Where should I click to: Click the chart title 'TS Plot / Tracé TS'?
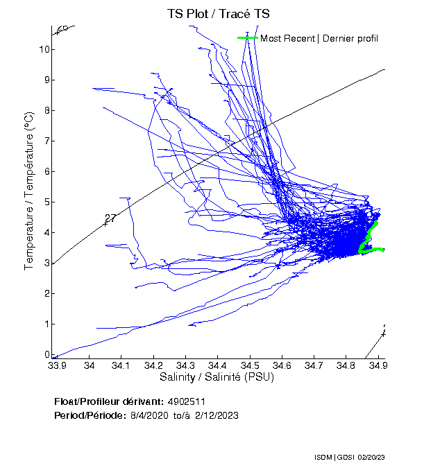pos(219,13)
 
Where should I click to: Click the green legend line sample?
pos(248,38)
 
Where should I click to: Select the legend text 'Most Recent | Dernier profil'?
pos(319,38)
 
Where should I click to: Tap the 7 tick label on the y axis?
pos(44,141)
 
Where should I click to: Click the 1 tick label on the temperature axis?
pos(44,324)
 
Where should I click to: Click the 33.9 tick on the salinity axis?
pos(57,365)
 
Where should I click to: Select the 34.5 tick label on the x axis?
pos(250,365)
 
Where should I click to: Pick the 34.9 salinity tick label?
pos(378,365)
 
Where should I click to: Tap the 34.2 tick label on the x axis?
pos(153,365)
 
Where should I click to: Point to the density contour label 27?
pos(110,218)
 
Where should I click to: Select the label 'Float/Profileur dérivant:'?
pos(108,401)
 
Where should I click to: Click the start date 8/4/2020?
pos(148,415)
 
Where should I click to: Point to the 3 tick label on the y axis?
pos(44,263)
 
